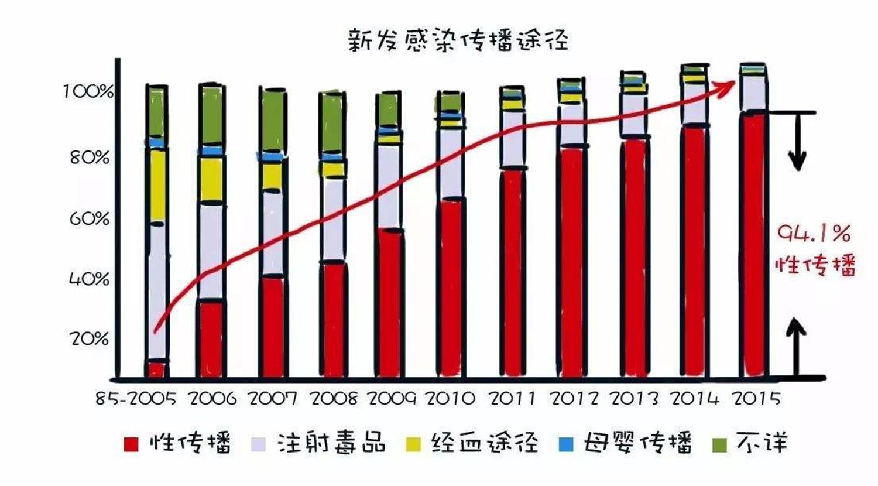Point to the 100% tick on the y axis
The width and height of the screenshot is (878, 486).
[x=88, y=91]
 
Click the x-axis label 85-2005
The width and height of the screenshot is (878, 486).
[x=136, y=399]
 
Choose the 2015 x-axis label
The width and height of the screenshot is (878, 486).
[x=757, y=399]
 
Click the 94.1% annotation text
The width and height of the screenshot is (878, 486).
[x=814, y=235]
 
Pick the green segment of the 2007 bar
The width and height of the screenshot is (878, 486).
[x=274, y=121]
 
